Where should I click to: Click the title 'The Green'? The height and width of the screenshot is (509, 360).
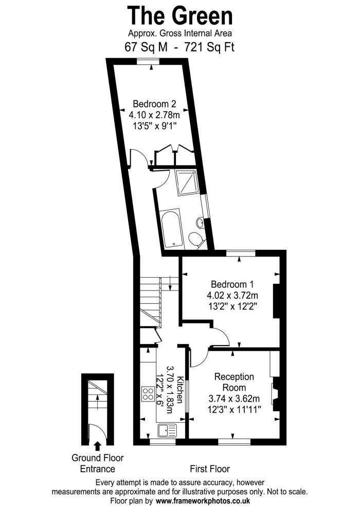180,15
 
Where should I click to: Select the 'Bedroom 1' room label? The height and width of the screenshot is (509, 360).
232,284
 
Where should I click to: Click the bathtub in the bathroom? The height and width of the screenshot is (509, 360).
171,228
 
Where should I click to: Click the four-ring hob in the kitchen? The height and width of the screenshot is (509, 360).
148,395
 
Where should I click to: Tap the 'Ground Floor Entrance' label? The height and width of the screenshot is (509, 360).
97,463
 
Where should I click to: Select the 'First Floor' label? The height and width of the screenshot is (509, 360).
209,469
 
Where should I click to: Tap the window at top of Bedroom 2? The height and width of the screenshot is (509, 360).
148,61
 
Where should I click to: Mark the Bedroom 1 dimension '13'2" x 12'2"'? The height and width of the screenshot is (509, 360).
232,306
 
